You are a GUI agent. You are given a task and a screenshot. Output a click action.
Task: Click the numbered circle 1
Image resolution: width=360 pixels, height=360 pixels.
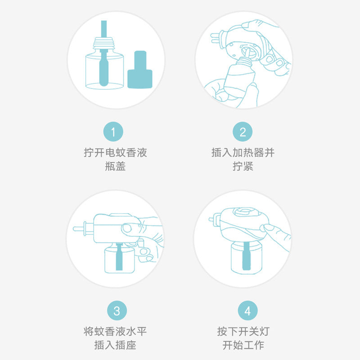click(114, 132)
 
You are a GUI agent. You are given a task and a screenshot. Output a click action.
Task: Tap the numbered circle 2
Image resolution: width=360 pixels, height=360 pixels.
click(243, 132)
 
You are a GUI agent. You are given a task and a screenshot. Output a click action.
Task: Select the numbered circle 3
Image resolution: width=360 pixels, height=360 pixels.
click(117, 310)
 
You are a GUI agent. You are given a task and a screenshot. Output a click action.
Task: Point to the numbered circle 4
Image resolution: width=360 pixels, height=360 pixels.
click(247, 310)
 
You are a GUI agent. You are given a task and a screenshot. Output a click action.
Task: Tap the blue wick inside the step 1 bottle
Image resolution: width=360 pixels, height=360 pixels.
click(104, 72)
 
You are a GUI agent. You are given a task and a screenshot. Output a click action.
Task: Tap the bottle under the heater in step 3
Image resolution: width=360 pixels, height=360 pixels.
click(120, 260)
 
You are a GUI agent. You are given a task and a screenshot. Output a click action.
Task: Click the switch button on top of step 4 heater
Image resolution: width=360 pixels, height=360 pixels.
click(243, 212)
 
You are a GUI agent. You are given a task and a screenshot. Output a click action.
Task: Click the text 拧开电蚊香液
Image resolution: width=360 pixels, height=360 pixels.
click(115, 153)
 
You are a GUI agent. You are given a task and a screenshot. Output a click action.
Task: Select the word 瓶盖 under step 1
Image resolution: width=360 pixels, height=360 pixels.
click(115, 166)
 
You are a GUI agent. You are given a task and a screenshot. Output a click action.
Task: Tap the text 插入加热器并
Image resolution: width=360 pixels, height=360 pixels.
click(243, 153)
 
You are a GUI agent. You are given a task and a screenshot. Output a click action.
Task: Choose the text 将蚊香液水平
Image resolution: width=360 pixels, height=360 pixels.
click(115, 332)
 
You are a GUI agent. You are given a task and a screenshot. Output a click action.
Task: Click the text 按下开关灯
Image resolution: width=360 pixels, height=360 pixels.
click(243, 332)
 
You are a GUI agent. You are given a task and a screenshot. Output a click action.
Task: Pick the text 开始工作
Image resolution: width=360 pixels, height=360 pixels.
click(243, 346)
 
